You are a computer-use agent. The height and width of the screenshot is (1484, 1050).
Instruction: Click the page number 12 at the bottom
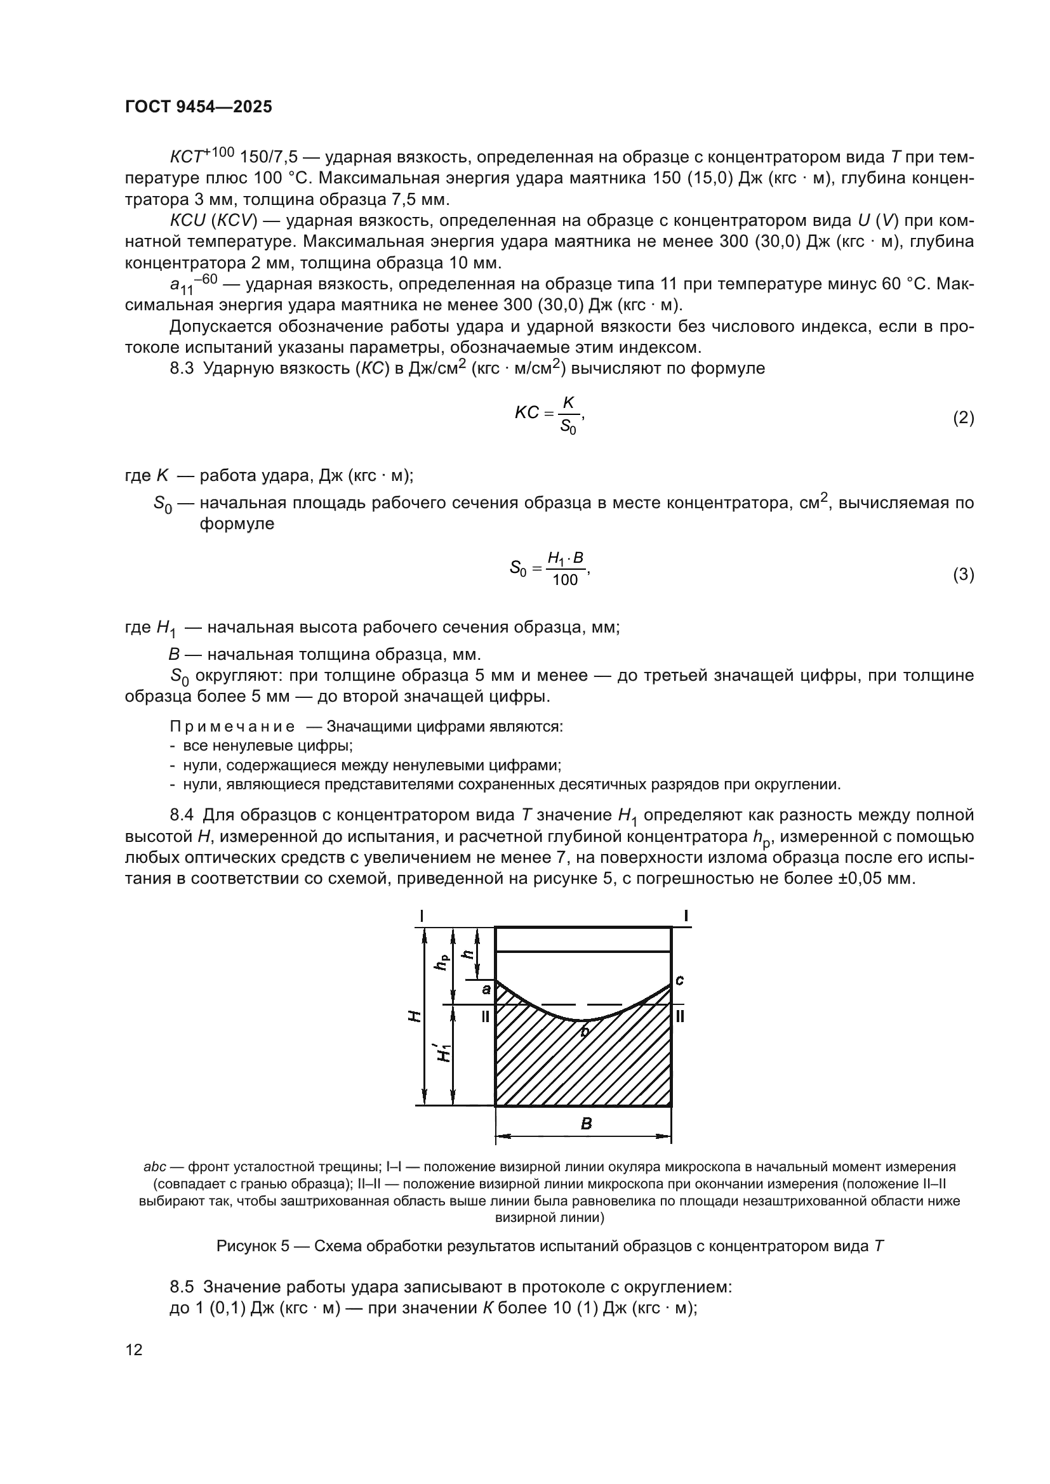tap(134, 1349)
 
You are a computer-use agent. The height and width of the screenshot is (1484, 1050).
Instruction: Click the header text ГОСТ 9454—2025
tap(199, 107)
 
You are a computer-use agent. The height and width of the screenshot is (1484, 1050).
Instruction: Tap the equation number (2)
tap(964, 418)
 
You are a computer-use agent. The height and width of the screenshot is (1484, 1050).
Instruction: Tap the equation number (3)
tap(964, 575)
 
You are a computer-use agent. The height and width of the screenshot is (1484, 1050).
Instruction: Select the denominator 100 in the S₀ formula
tap(565, 581)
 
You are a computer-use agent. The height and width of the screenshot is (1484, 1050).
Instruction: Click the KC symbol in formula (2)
tap(526, 413)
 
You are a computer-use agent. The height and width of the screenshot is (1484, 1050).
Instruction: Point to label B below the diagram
tap(586, 1124)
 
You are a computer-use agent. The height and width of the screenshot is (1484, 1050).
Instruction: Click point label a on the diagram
tap(486, 989)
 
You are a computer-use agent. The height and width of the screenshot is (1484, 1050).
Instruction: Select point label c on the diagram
tap(679, 980)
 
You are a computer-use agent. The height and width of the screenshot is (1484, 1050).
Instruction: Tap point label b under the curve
tap(585, 1032)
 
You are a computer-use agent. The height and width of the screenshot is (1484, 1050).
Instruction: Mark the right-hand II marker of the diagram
tap(680, 1016)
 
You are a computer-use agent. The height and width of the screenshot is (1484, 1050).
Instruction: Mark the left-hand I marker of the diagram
tap(422, 916)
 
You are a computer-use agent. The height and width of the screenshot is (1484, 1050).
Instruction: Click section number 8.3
tap(182, 369)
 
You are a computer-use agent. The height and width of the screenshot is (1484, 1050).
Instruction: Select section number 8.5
tap(182, 1287)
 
